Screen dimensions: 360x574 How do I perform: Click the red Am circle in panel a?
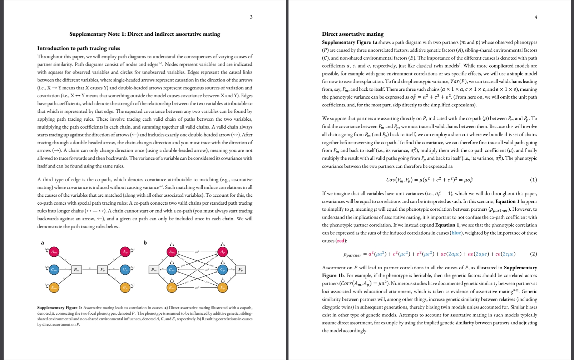(53, 252)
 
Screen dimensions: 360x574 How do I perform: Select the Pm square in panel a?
(76, 270)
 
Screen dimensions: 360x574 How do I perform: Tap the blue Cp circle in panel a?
(125, 270)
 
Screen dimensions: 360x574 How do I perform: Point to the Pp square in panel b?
(241, 270)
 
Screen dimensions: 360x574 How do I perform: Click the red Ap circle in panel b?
(223, 252)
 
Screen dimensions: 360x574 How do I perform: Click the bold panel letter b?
(145, 243)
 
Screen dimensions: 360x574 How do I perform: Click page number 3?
(251, 17)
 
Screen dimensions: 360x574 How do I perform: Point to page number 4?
(536, 17)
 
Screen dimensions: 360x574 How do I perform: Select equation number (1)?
(533, 180)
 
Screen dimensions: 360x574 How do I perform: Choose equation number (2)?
(533, 254)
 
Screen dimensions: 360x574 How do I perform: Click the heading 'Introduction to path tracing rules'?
(79, 48)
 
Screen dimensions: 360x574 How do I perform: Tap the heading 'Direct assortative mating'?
(352, 34)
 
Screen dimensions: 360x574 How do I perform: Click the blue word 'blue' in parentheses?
(456, 233)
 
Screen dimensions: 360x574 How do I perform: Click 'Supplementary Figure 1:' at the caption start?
(60, 307)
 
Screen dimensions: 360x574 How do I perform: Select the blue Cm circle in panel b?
(172, 270)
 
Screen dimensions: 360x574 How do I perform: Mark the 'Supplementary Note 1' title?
(144, 34)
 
